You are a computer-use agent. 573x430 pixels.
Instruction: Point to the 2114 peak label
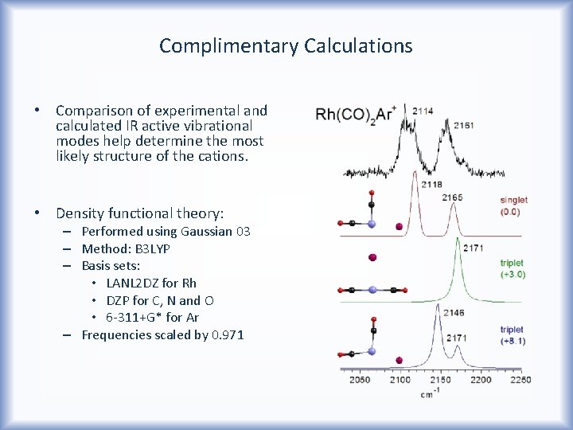423,111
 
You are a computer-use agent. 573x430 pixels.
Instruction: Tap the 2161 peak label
464,125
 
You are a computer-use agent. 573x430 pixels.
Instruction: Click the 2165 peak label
451,197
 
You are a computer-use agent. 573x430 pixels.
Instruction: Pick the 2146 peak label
432,312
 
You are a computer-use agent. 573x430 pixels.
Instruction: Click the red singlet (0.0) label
513,205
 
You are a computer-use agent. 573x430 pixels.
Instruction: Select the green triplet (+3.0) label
512,268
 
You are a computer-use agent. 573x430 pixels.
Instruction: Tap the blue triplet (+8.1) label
512,334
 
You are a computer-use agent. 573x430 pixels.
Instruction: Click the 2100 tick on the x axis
400,380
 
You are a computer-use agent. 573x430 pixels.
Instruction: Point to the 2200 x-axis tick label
480,380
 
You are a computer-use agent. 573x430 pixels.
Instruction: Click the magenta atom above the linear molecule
371,257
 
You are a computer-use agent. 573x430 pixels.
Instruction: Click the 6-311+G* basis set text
134,318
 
